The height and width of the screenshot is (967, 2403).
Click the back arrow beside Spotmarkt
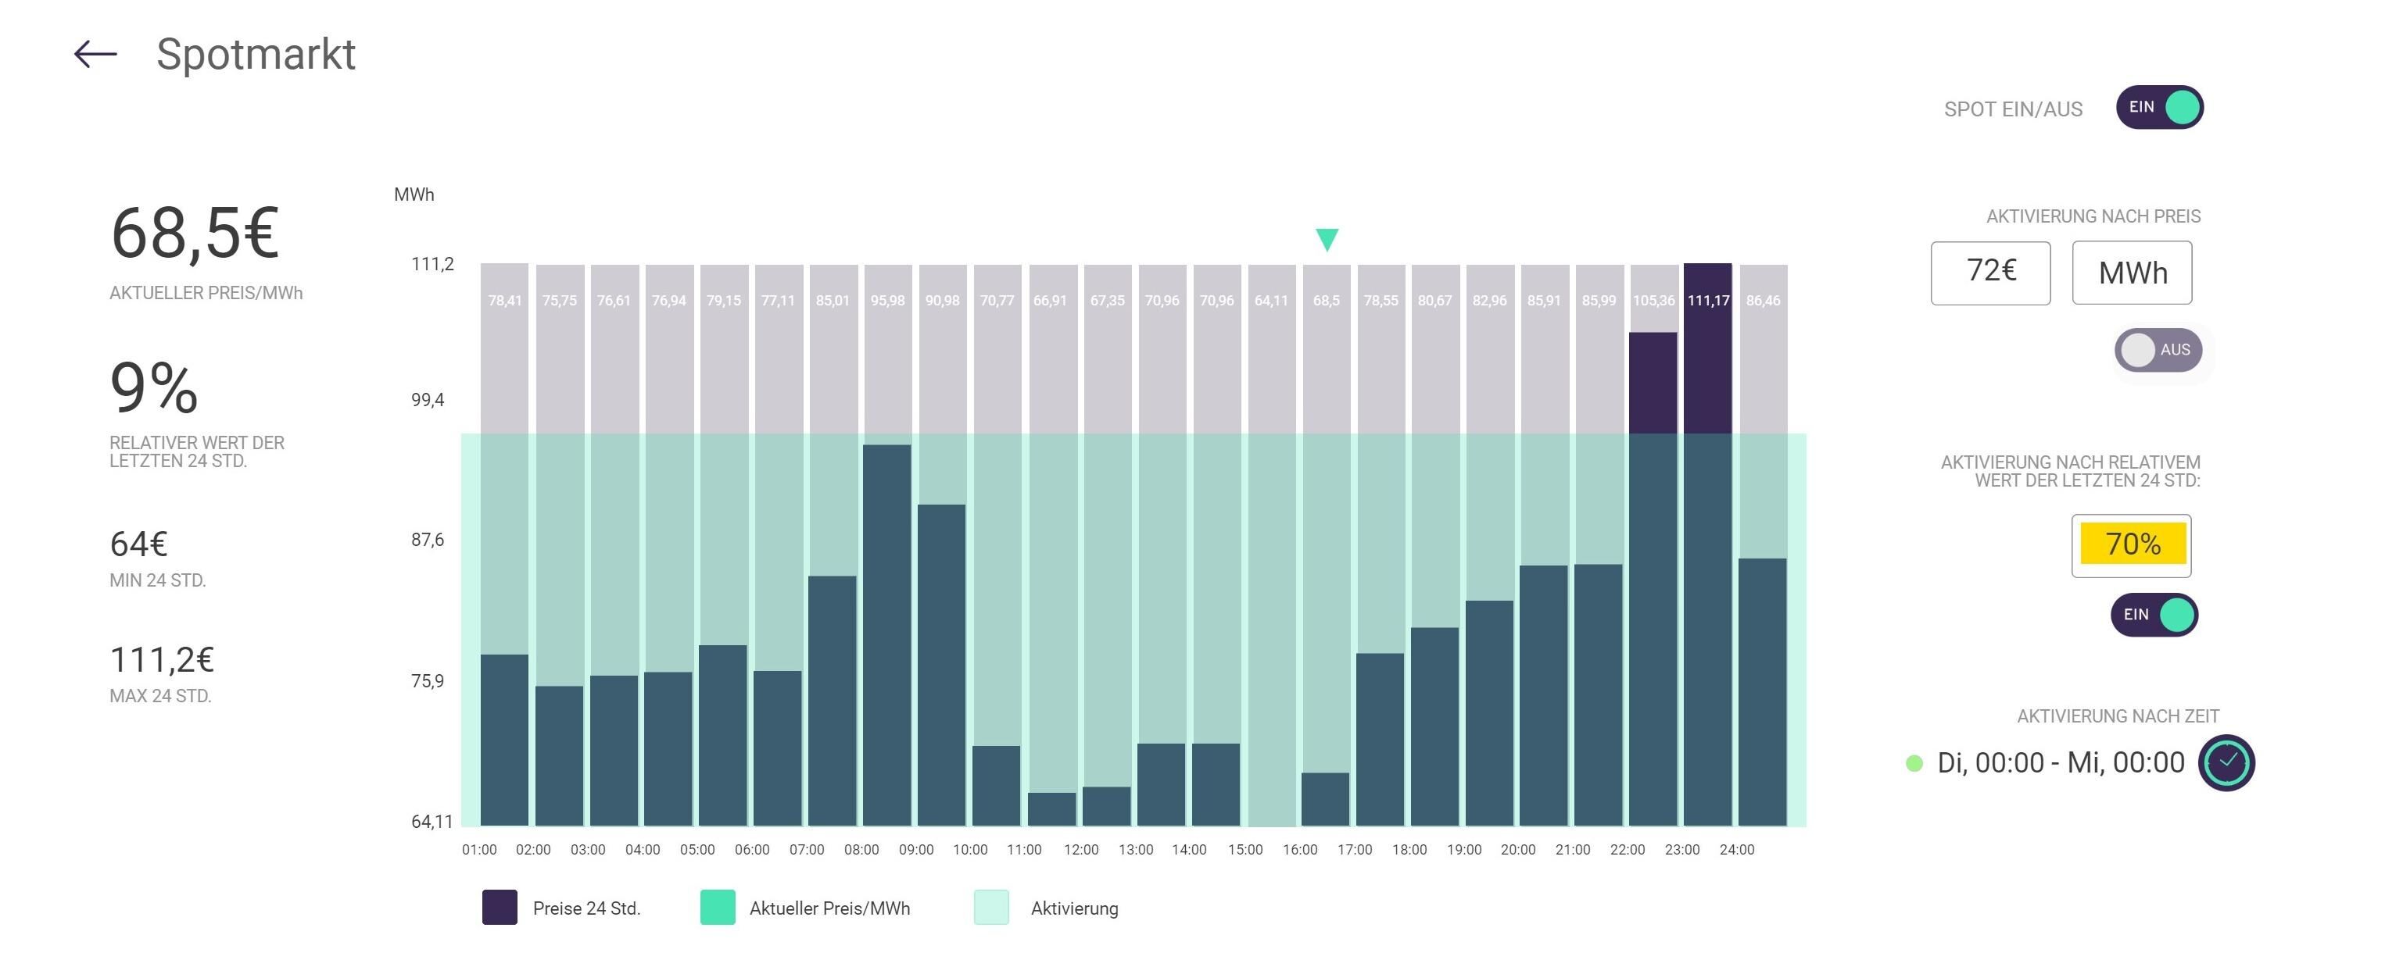click(95, 54)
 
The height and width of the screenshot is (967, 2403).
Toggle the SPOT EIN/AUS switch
click(2160, 107)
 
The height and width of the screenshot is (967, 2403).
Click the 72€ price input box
click(1991, 273)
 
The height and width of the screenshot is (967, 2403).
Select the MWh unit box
click(2133, 273)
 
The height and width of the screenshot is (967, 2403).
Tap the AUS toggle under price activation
click(2158, 350)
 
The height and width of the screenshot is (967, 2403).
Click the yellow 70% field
click(2133, 544)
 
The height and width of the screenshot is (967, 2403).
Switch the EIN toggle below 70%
click(2155, 616)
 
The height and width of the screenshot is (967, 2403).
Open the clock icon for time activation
click(2226, 763)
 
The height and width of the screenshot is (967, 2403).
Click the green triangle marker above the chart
click(1327, 239)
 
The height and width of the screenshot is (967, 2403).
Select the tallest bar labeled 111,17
click(1708, 544)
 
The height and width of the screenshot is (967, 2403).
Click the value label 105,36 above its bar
click(1653, 300)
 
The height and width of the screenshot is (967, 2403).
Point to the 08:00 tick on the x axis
click(861, 850)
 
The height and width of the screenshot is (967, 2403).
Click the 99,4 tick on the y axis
click(428, 400)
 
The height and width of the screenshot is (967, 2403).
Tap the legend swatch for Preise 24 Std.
click(500, 908)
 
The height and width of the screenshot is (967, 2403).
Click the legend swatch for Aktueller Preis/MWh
click(718, 908)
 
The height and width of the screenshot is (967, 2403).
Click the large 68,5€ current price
click(194, 233)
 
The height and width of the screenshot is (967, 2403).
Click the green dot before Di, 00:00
click(1914, 764)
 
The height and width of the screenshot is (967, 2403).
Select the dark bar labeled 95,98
click(887, 635)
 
